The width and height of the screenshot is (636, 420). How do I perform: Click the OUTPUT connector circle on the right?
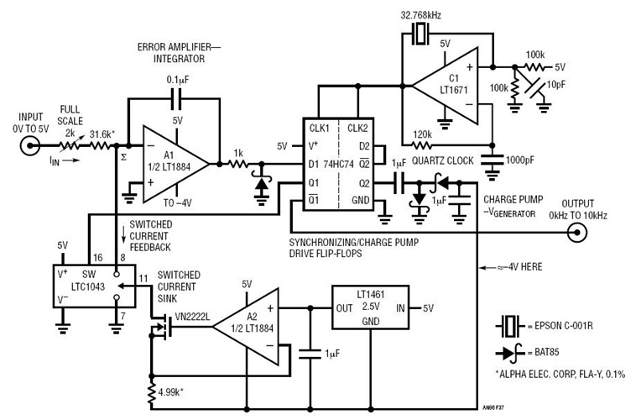coord(576,236)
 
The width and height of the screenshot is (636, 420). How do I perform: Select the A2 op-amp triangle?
coord(248,322)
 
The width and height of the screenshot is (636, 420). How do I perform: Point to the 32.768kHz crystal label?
coord(421,14)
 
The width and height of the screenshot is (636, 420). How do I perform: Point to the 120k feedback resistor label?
coord(425,134)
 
